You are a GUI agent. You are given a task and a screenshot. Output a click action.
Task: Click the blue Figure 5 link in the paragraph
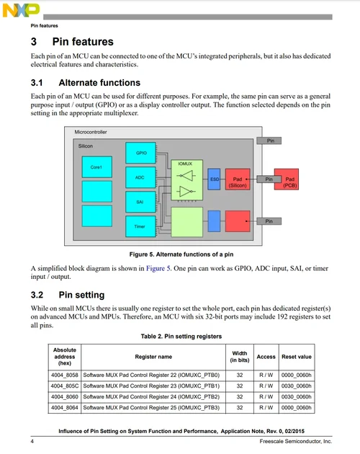(158, 268)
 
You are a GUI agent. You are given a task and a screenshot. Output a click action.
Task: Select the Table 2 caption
(180, 337)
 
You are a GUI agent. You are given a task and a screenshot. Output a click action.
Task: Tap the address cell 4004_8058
(64, 375)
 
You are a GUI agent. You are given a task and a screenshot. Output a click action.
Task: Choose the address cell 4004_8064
(64, 408)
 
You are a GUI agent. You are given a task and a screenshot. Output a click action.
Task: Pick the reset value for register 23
(296, 386)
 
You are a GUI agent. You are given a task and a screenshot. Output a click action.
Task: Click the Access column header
(266, 356)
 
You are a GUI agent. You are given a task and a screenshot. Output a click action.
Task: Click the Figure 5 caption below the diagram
(180, 254)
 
